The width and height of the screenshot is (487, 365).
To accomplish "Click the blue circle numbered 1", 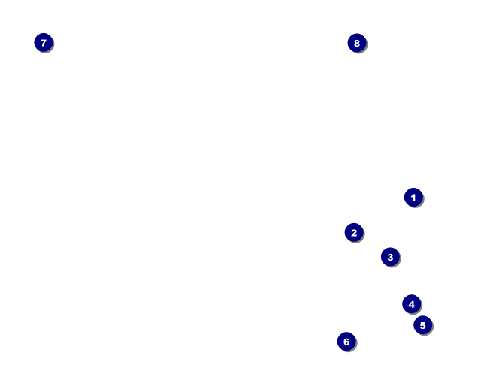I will point(413,197).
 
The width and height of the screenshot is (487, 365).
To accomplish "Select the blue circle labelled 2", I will point(354,233).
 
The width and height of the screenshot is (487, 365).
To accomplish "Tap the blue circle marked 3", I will point(389,257).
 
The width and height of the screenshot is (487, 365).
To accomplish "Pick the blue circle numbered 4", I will point(411,304).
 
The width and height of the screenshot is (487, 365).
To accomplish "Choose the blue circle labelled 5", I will point(422,325).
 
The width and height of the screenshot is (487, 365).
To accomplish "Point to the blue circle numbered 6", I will point(346,342).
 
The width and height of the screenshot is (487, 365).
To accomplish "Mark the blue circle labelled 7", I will point(44,43).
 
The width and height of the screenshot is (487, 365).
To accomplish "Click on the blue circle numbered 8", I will point(357,43).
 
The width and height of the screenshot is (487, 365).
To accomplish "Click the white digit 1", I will point(413,197).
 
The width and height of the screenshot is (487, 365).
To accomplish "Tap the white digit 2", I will point(354,233).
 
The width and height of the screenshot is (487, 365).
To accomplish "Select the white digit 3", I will point(389,257).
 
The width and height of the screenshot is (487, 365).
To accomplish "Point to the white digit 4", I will point(411,304).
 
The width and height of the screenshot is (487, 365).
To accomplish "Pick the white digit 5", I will point(422,325).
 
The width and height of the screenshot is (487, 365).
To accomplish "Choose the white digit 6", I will point(346,342).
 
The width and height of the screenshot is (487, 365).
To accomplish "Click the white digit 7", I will point(44,43).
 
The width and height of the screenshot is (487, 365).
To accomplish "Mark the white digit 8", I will point(357,43).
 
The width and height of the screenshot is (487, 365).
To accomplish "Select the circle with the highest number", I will point(357,43).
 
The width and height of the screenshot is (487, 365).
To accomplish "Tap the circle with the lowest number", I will point(413,197).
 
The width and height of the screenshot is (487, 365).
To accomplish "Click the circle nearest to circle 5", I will point(411,304).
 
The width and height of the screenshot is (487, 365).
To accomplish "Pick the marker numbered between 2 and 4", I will point(389,257).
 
